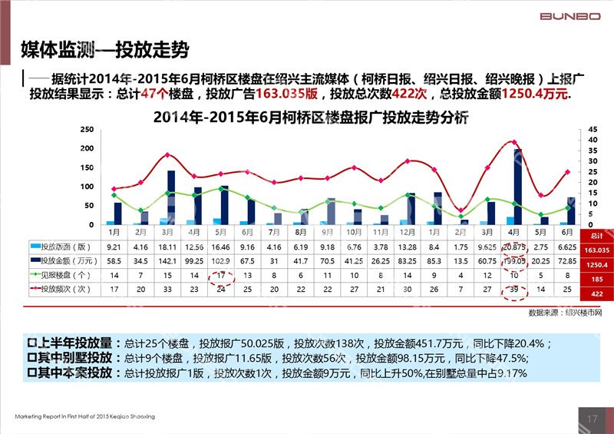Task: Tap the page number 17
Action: coord(591,419)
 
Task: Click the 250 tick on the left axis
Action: coord(89,130)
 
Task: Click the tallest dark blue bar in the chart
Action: coord(517,186)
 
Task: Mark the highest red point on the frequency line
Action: coord(513,142)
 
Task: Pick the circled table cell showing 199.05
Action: coord(514,261)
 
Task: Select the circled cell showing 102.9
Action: coord(221,261)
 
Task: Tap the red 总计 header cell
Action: coord(596,233)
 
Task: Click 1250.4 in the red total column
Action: coord(596,265)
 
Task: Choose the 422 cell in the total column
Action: coord(596,293)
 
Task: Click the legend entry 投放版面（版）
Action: coord(64,247)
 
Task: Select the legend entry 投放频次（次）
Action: coord(64,289)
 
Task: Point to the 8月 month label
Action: coord(301,230)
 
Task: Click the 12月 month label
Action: coord(407,230)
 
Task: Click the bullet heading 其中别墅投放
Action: coord(77,358)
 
